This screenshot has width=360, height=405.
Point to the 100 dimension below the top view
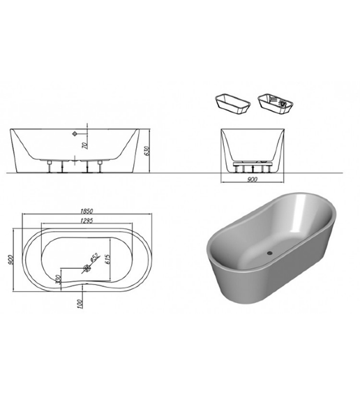pyautogui.click(x=81, y=302)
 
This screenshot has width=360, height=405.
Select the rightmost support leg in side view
pyautogui.click(x=103, y=165)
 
